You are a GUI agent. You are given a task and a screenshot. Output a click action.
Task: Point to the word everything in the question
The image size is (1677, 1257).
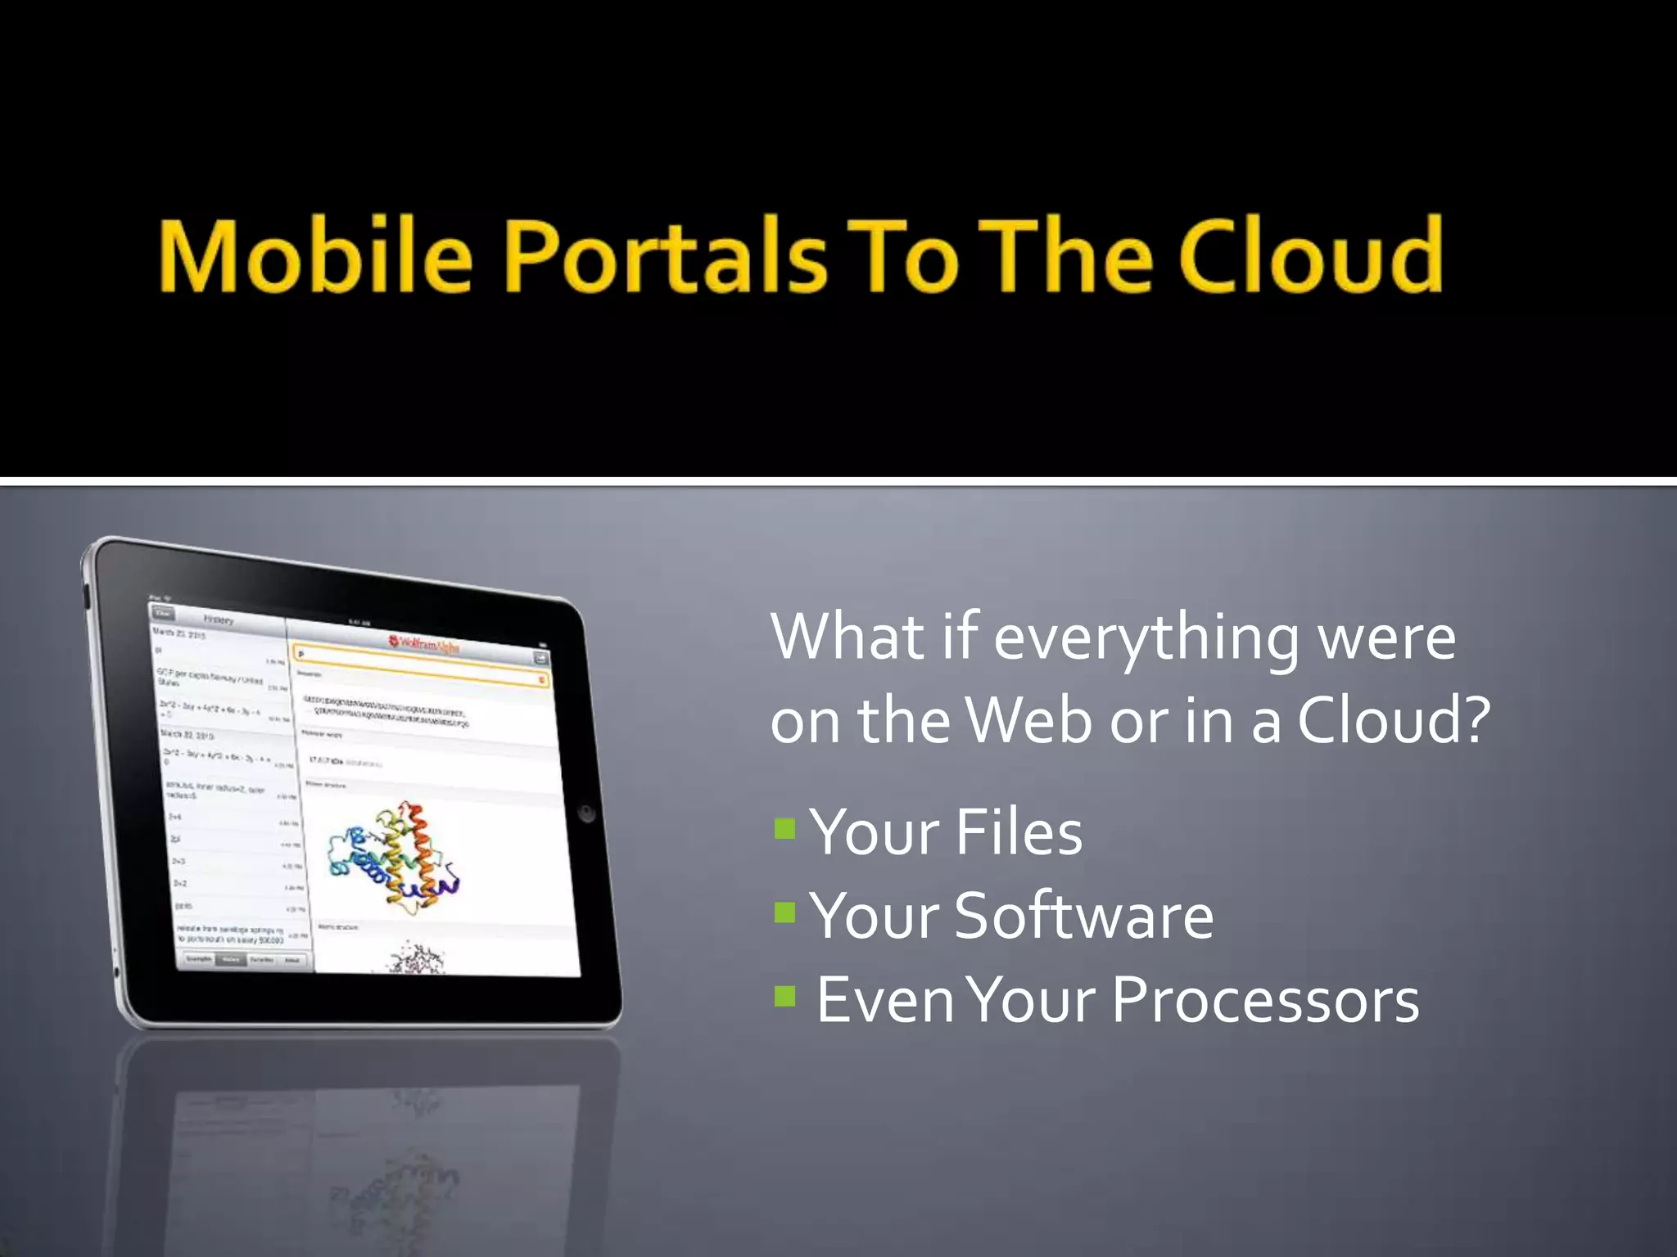click(1146, 638)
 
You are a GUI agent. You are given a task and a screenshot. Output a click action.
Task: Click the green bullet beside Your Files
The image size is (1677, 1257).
click(784, 830)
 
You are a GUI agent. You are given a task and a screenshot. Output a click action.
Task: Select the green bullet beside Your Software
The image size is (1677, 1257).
click(784, 912)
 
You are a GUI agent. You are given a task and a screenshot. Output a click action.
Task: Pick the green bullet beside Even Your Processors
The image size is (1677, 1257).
click(784, 996)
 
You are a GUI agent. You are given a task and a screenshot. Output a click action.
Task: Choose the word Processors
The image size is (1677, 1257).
click(1265, 1000)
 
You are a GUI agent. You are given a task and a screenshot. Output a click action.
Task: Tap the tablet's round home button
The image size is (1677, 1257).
click(586, 813)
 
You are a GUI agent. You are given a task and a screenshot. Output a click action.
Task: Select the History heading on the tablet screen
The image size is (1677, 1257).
click(219, 619)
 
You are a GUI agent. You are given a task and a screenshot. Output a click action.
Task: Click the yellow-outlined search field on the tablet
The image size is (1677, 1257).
click(419, 667)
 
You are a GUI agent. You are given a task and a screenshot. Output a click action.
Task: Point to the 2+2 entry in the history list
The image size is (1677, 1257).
click(181, 883)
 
